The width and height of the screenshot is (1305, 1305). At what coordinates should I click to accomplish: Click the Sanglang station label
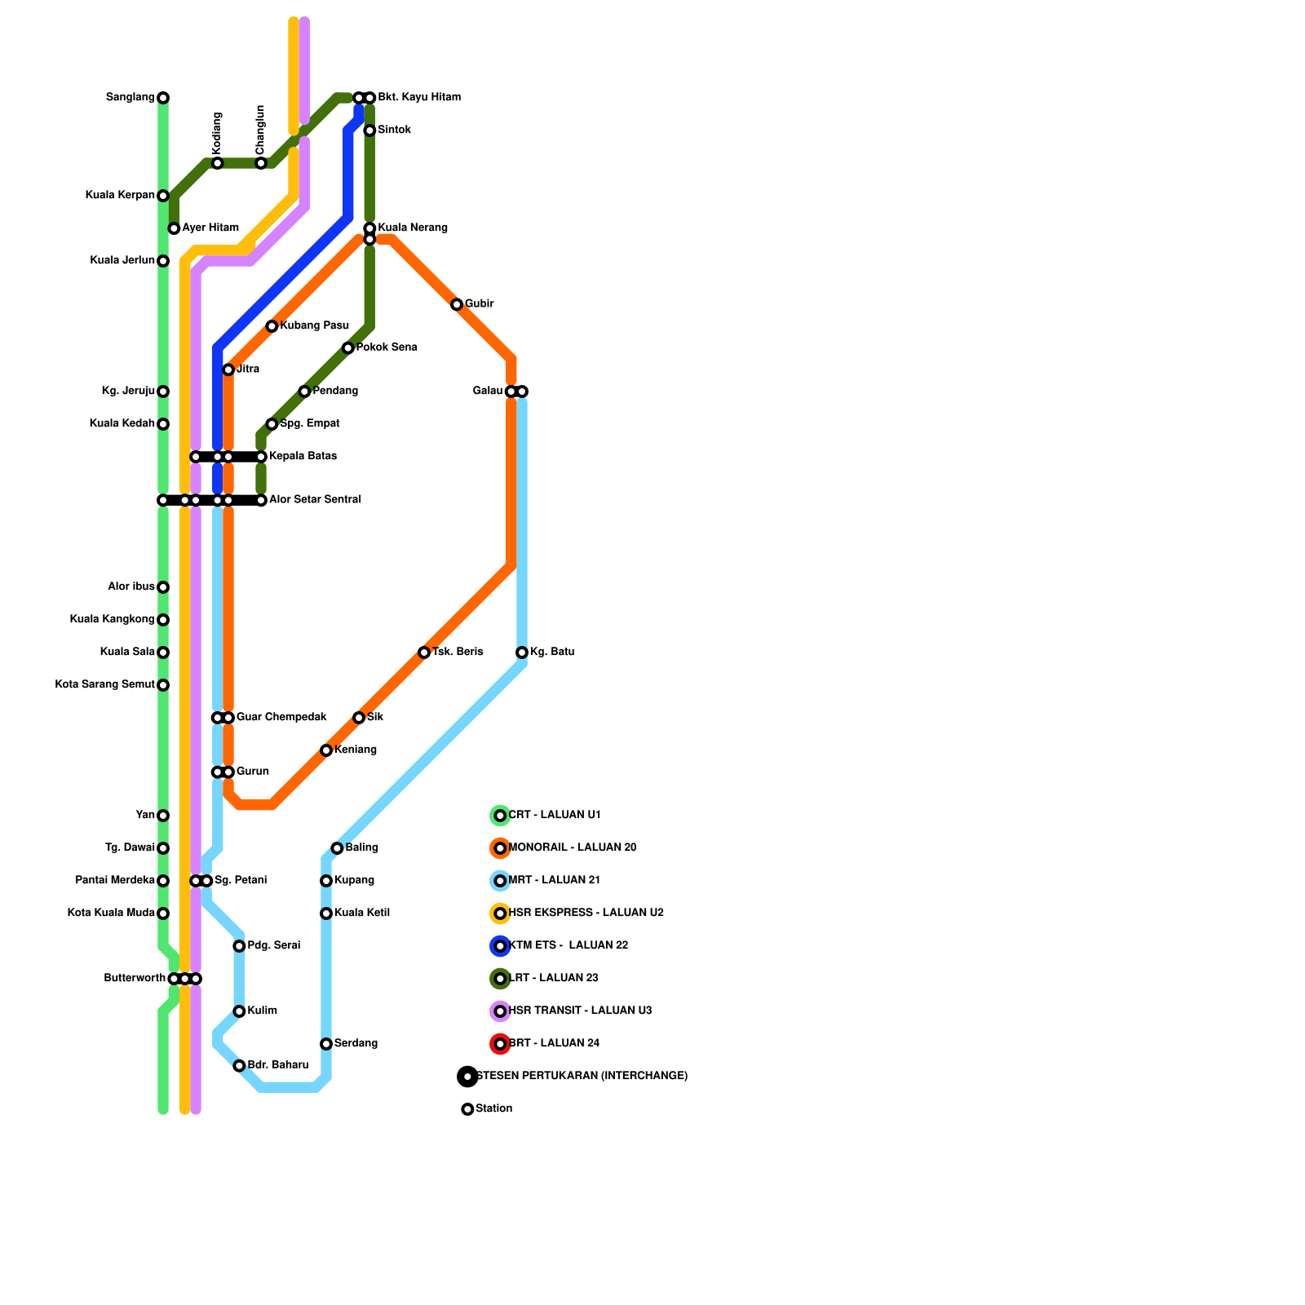(x=130, y=98)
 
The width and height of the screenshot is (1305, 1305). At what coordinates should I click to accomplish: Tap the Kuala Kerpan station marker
(x=163, y=196)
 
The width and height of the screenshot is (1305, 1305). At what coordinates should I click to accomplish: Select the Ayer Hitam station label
(x=210, y=228)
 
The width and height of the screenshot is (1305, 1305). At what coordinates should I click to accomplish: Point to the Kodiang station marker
(x=217, y=163)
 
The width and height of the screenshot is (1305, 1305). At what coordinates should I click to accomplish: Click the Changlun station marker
(x=261, y=163)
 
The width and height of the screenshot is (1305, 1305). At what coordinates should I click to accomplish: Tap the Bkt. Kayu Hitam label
(x=419, y=98)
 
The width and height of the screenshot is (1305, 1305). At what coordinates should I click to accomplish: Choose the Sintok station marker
(x=369, y=130)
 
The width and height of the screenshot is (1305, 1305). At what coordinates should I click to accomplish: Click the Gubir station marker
(x=457, y=304)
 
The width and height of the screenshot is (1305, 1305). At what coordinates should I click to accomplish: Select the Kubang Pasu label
(x=315, y=326)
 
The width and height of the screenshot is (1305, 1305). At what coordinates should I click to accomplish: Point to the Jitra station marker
(x=228, y=369)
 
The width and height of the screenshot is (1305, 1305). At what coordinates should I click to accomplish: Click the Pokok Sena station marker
(x=348, y=348)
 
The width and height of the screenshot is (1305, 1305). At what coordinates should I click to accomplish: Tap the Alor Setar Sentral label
(x=315, y=500)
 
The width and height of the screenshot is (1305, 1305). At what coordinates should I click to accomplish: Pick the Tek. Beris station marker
(x=424, y=652)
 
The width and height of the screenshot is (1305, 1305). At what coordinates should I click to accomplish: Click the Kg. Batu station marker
(x=522, y=652)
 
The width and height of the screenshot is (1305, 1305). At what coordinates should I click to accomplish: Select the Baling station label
(x=362, y=848)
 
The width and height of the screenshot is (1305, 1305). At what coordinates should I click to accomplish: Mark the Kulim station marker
(x=239, y=1011)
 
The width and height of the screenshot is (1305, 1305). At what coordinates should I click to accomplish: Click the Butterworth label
(x=135, y=979)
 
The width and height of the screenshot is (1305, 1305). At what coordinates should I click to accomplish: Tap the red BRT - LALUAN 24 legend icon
(x=500, y=1044)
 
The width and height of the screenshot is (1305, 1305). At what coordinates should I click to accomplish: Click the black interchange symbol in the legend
(x=467, y=1077)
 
